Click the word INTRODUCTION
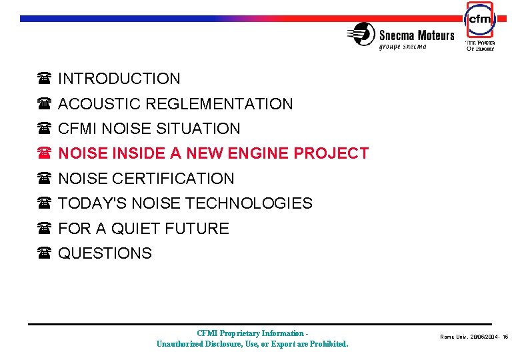click(119, 79)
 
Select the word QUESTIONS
click(105, 253)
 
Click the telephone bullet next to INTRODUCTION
click(45, 79)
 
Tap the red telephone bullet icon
click(45, 154)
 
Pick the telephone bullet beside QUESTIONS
click(45, 254)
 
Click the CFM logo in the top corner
click(479, 19)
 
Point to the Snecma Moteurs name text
click(417, 35)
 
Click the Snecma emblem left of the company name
click(361, 34)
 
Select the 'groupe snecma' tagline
click(407, 47)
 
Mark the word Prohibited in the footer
click(327, 344)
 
